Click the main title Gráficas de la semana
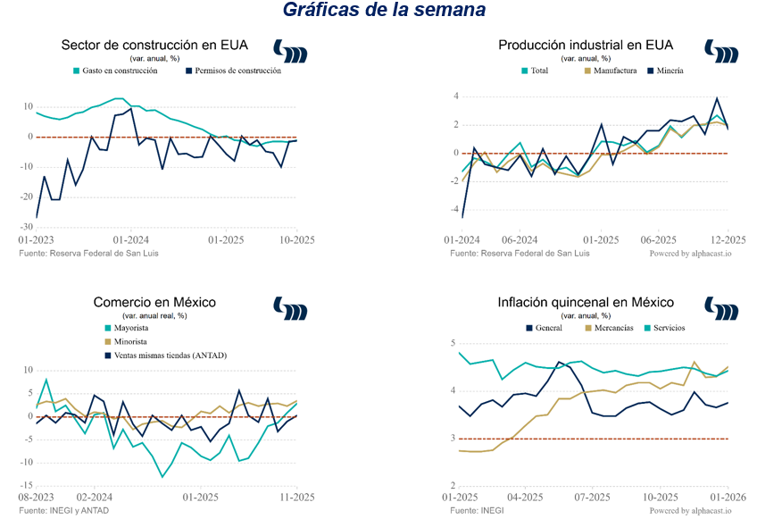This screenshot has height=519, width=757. pos(384,11)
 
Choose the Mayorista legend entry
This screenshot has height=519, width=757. pos(128,328)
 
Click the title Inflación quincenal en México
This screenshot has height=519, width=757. pos(586,303)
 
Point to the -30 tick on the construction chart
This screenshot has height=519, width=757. pos(27,227)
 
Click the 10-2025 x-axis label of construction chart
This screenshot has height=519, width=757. pos(296,240)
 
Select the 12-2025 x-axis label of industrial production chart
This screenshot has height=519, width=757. pos(728,240)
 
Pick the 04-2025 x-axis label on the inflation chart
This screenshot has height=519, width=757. pos(525,498)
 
